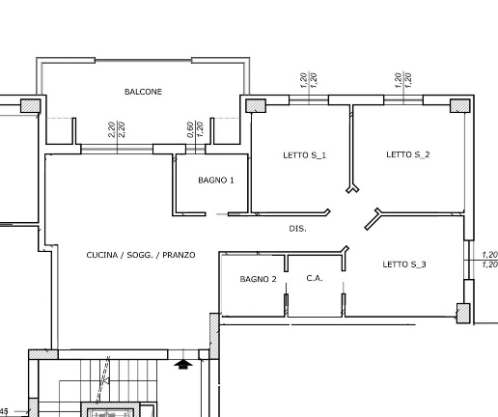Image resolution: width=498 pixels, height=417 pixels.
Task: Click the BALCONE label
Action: tap(143, 92)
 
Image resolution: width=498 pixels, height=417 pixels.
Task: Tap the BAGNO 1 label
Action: tap(216, 181)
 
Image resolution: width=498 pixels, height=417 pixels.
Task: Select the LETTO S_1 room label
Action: tap(304, 155)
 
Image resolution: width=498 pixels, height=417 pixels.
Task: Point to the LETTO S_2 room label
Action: tap(408, 154)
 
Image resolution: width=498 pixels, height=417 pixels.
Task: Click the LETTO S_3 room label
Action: tap(404, 264)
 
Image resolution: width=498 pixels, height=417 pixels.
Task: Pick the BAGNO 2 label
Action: tap(258, 279)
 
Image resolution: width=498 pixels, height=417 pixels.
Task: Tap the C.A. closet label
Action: tap(315, 278)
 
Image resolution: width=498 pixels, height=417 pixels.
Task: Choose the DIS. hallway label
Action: tap(297, 229)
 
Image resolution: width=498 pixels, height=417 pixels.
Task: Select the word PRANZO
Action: tap(179, 255)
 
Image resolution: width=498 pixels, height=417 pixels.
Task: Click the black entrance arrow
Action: tap(183, 364)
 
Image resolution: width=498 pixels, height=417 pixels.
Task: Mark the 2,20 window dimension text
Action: tap(117, 129)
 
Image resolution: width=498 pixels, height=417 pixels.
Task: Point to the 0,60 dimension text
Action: tap(190, 129)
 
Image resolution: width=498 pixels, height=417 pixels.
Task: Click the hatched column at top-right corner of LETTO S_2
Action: tap(459, 106)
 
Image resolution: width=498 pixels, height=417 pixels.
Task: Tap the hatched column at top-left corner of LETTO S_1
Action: tap(256, 106)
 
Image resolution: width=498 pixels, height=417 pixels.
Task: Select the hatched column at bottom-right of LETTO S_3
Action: tap(463, 313)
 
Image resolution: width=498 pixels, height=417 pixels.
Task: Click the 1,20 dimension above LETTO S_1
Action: tap(308, 80)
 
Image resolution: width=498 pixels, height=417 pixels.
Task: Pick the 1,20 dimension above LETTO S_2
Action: tap(402, 80)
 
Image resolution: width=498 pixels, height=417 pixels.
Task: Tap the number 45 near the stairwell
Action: tap(4, 411)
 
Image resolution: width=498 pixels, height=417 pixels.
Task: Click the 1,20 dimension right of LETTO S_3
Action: tap(489, 260)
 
